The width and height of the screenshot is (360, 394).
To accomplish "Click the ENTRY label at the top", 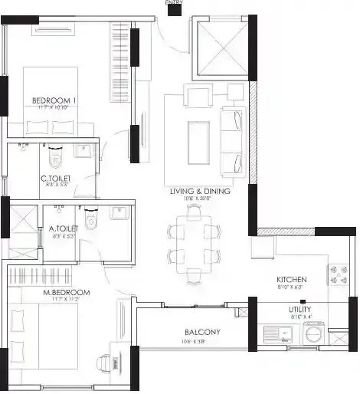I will (175, 3).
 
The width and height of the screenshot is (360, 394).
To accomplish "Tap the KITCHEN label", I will (292, 280).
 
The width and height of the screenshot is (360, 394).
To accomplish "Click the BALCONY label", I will (202, 332).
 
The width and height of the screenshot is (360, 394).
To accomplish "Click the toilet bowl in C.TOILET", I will (54, 159).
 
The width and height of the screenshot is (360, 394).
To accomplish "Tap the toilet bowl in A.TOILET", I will (91, 221).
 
